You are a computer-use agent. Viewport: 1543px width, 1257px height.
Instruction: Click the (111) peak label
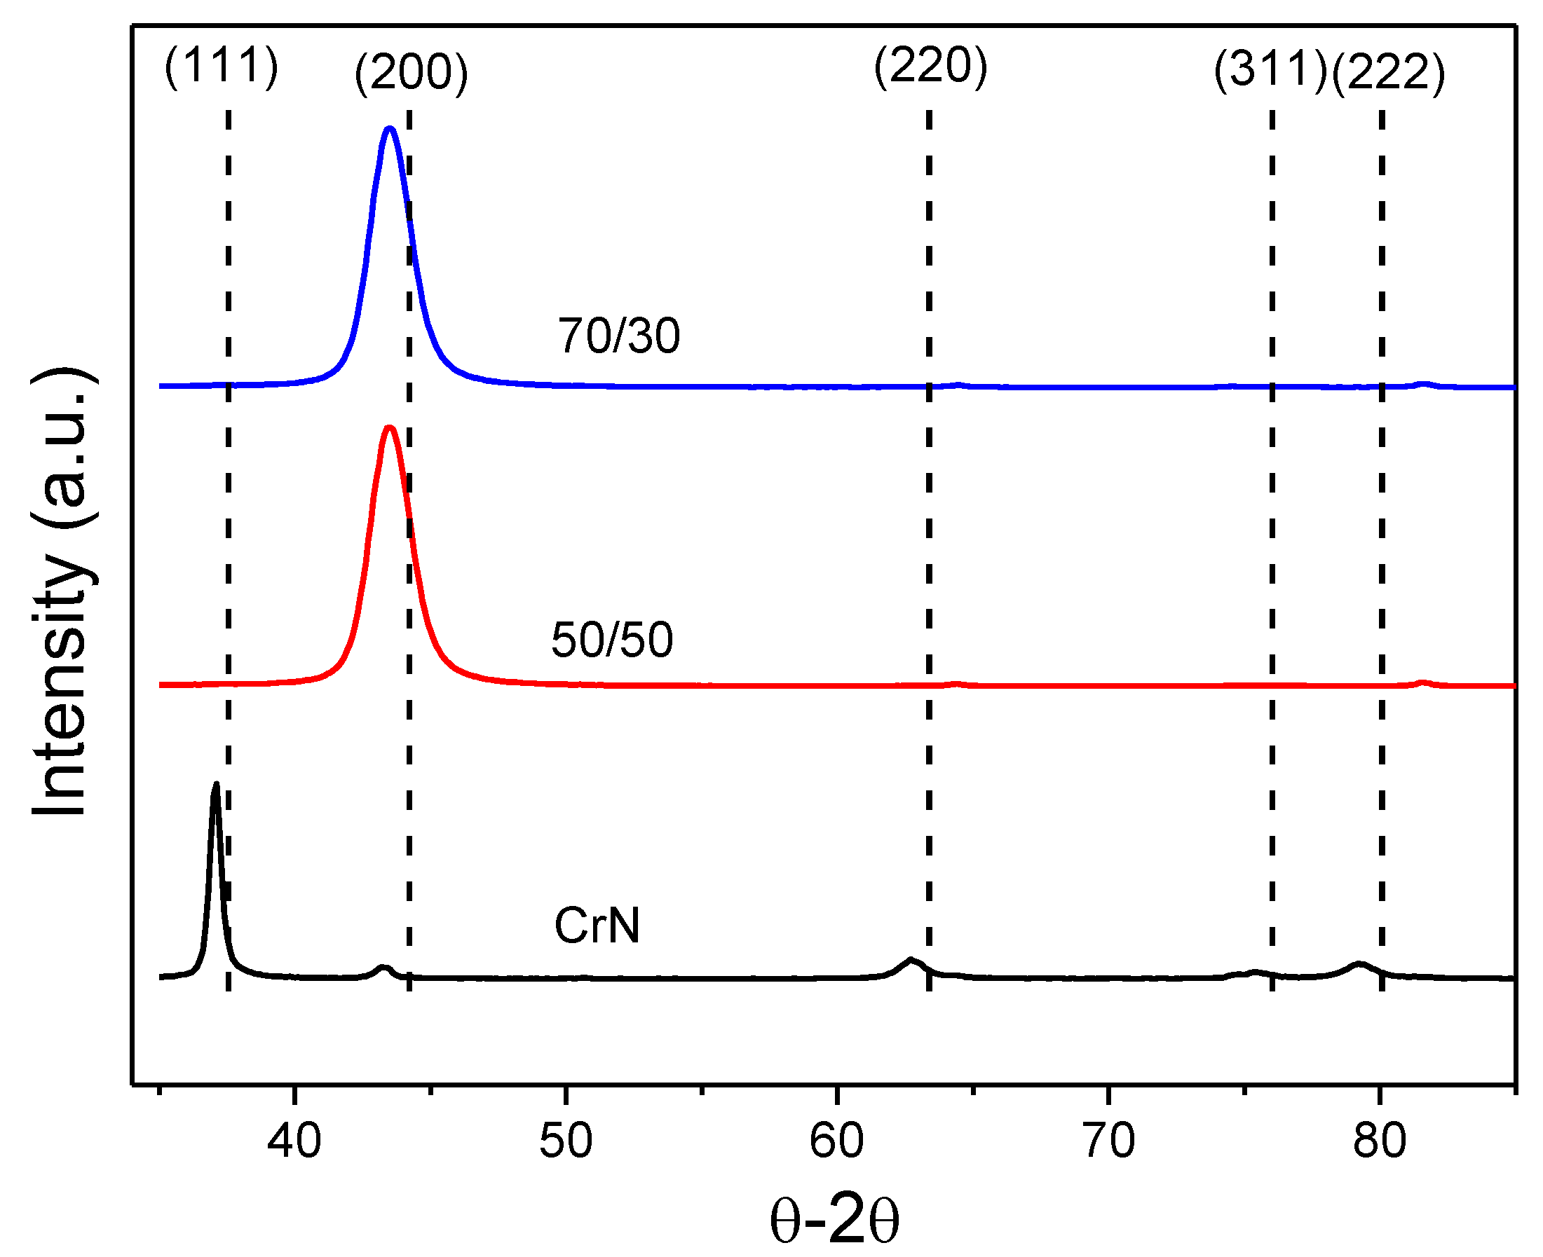point(221,67)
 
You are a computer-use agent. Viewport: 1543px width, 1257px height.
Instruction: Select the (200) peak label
point(411,73)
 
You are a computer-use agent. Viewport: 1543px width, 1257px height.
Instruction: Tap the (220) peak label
point(930,67)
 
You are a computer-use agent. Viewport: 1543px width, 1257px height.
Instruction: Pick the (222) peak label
point(1388,73)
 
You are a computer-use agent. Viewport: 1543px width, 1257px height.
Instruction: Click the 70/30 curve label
point(618,336)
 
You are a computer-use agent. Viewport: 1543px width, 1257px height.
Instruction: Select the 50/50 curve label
point(611,640)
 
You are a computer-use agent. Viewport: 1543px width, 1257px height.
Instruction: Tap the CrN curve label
point(597,926)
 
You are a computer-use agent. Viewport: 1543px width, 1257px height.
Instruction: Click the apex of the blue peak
point(390,129)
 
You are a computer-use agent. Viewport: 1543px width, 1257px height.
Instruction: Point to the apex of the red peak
point(390,427)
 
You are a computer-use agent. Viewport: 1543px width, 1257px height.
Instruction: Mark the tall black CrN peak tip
point(215,784)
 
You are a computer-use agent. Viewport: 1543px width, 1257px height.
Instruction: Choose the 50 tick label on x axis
point(565,1141)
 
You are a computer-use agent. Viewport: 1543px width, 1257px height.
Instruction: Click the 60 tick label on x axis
point(837,1141)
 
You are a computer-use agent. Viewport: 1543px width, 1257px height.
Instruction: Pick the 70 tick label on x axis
point(1108,1141)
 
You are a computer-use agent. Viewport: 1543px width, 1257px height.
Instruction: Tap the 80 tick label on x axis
point(1379,1141)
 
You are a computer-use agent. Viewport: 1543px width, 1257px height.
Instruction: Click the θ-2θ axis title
point(834,1220)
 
